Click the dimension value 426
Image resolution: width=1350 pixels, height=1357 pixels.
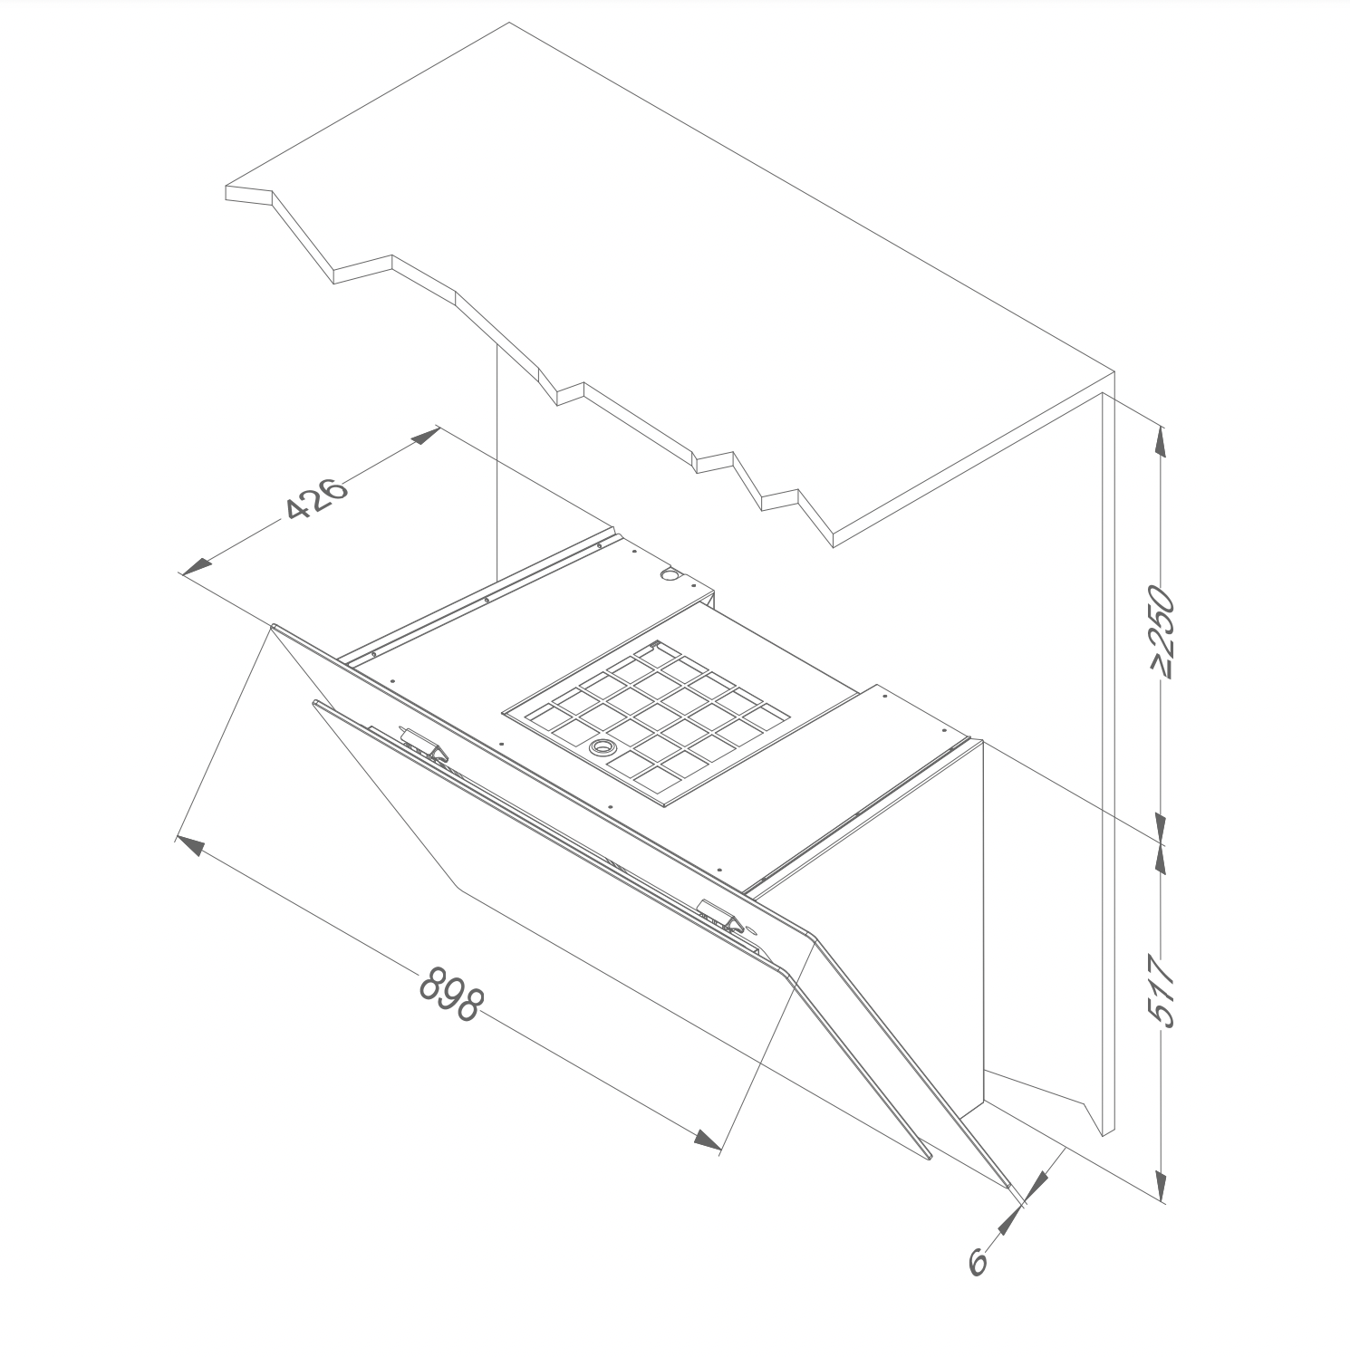click(316, 497)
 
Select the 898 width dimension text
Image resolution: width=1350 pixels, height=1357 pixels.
click(450, 994)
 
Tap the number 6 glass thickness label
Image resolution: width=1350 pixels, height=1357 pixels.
click(978, 1261)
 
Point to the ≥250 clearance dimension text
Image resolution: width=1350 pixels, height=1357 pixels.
click(1162, 632)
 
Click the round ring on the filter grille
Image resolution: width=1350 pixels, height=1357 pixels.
click(600, 747)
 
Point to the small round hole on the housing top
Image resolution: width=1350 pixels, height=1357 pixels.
click(670, 573)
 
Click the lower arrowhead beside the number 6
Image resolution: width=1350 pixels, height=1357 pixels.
click(1006, 1225)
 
